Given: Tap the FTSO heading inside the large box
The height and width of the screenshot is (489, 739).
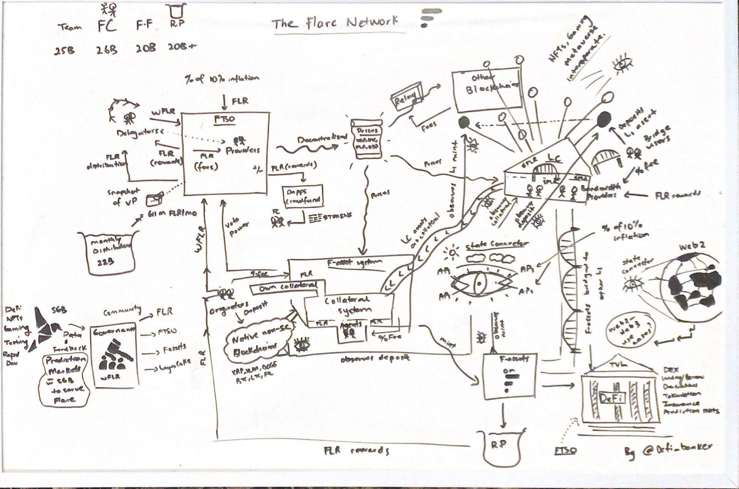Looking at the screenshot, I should [224, 120].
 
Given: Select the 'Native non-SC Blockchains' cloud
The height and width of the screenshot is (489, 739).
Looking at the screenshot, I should [258, 340].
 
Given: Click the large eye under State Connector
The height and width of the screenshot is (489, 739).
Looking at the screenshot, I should [479, 283].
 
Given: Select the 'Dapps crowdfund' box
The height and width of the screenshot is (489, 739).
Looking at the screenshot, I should [302, 196].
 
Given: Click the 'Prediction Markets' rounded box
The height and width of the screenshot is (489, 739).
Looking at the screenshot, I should [65, 380].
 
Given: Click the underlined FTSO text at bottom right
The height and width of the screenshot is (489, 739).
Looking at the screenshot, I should [565, 450].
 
